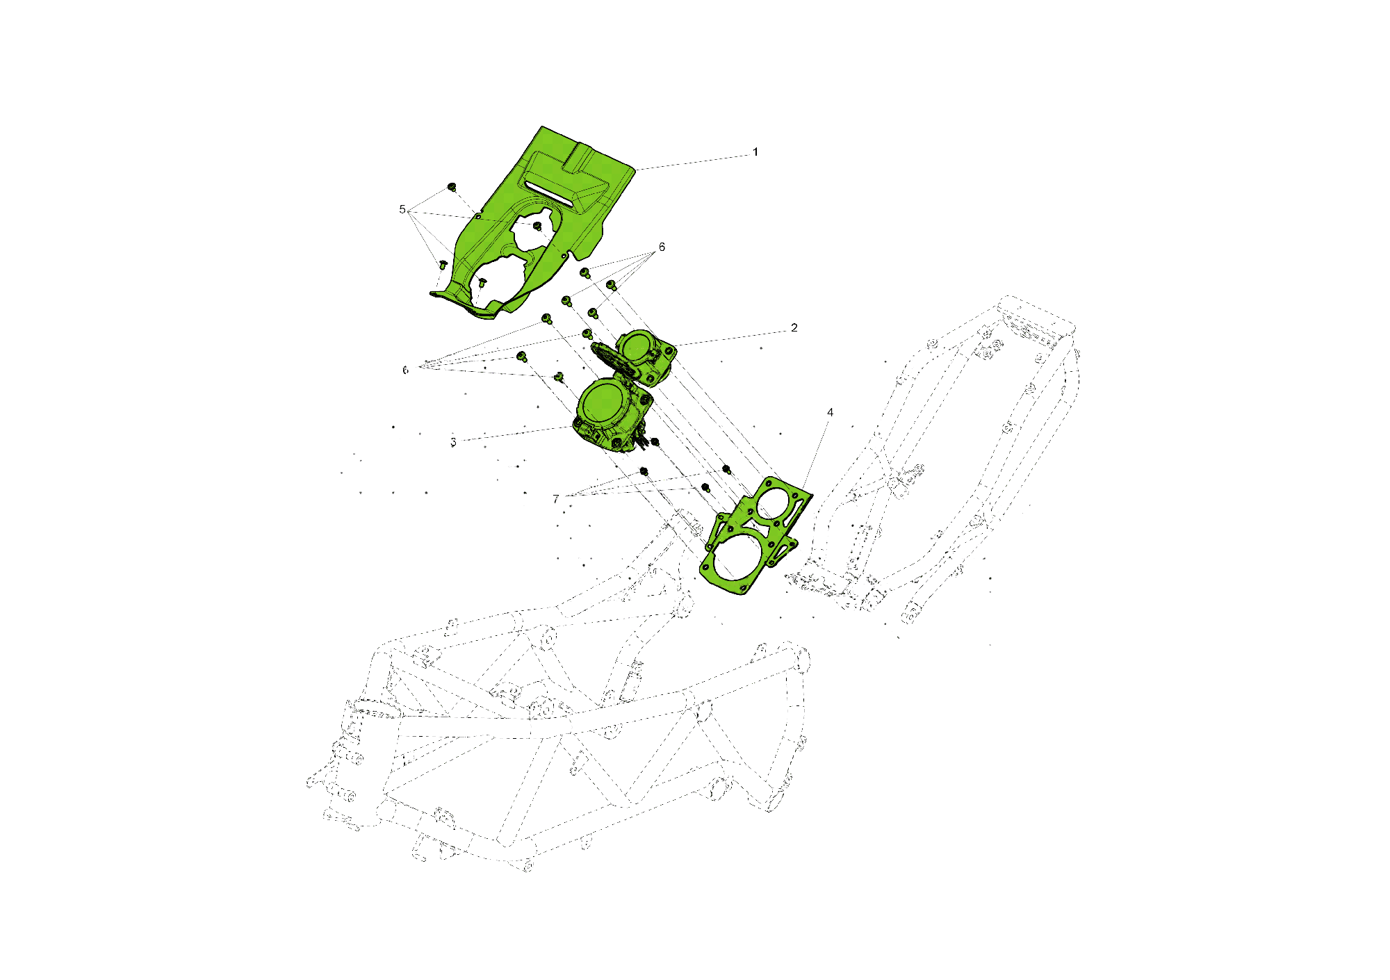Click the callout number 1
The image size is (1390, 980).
[x=755, y=152]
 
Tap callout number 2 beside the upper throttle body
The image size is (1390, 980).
[x=794, y=328]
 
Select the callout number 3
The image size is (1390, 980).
[x=453, y=442]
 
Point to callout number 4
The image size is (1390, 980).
[x=830, y=413]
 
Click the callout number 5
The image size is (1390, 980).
[x=402, y=209]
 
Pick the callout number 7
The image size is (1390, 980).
[x=555, y=499]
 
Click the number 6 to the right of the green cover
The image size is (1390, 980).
[x=662, y=247]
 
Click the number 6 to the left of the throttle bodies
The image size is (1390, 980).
[x=405, y=370]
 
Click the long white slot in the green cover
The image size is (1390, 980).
[x=549, y=194]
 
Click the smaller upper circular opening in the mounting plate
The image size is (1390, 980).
[x=773, y=503]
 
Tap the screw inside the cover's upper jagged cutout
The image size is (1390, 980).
[x=537, y=227]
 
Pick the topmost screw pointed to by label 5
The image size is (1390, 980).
[x=452, y=187]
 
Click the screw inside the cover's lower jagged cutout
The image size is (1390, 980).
[x=482, y=282]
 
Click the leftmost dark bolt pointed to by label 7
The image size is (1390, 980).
[x=644, y=471]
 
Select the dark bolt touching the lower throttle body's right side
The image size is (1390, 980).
[x=654, y=442]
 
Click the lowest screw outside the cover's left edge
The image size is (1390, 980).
[x=442, y=265]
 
